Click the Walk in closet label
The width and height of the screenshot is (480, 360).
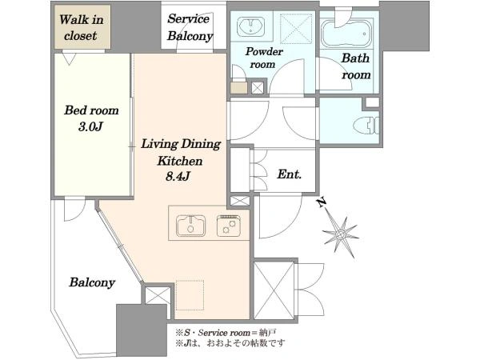(x=82, y=27)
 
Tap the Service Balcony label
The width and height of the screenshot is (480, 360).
(x=190, y=27)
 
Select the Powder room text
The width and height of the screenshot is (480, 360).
(x=263, y=58)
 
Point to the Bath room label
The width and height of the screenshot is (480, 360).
(x=356, y=66)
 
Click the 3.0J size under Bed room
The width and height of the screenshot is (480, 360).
(x=90, y=126)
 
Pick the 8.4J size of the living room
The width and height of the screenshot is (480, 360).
(x=178, y=176)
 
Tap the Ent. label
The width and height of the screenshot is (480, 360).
(x=290, y=174)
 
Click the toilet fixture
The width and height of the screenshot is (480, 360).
(x=366, y=125)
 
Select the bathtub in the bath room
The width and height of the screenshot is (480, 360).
(x=346, y=34)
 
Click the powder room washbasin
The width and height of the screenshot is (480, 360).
(x=251, y=25)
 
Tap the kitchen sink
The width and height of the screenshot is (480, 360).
(x=190, y=226)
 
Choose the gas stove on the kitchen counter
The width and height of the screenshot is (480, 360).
(x=229, y=226)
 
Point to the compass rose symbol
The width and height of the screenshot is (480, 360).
(x=341, y=234)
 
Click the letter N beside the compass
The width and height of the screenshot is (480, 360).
(x=321, y=202)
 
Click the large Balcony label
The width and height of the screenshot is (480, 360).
(x=92, y=282)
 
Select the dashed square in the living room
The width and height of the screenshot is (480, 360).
(x=190, y=294)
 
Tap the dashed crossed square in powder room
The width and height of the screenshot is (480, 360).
(x=296, y=29)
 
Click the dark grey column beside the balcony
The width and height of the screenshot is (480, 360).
(x=142, y=330)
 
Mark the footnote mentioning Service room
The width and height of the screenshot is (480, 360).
(x=226, y=333)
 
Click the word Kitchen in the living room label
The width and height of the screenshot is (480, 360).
(x=180, y=161)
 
